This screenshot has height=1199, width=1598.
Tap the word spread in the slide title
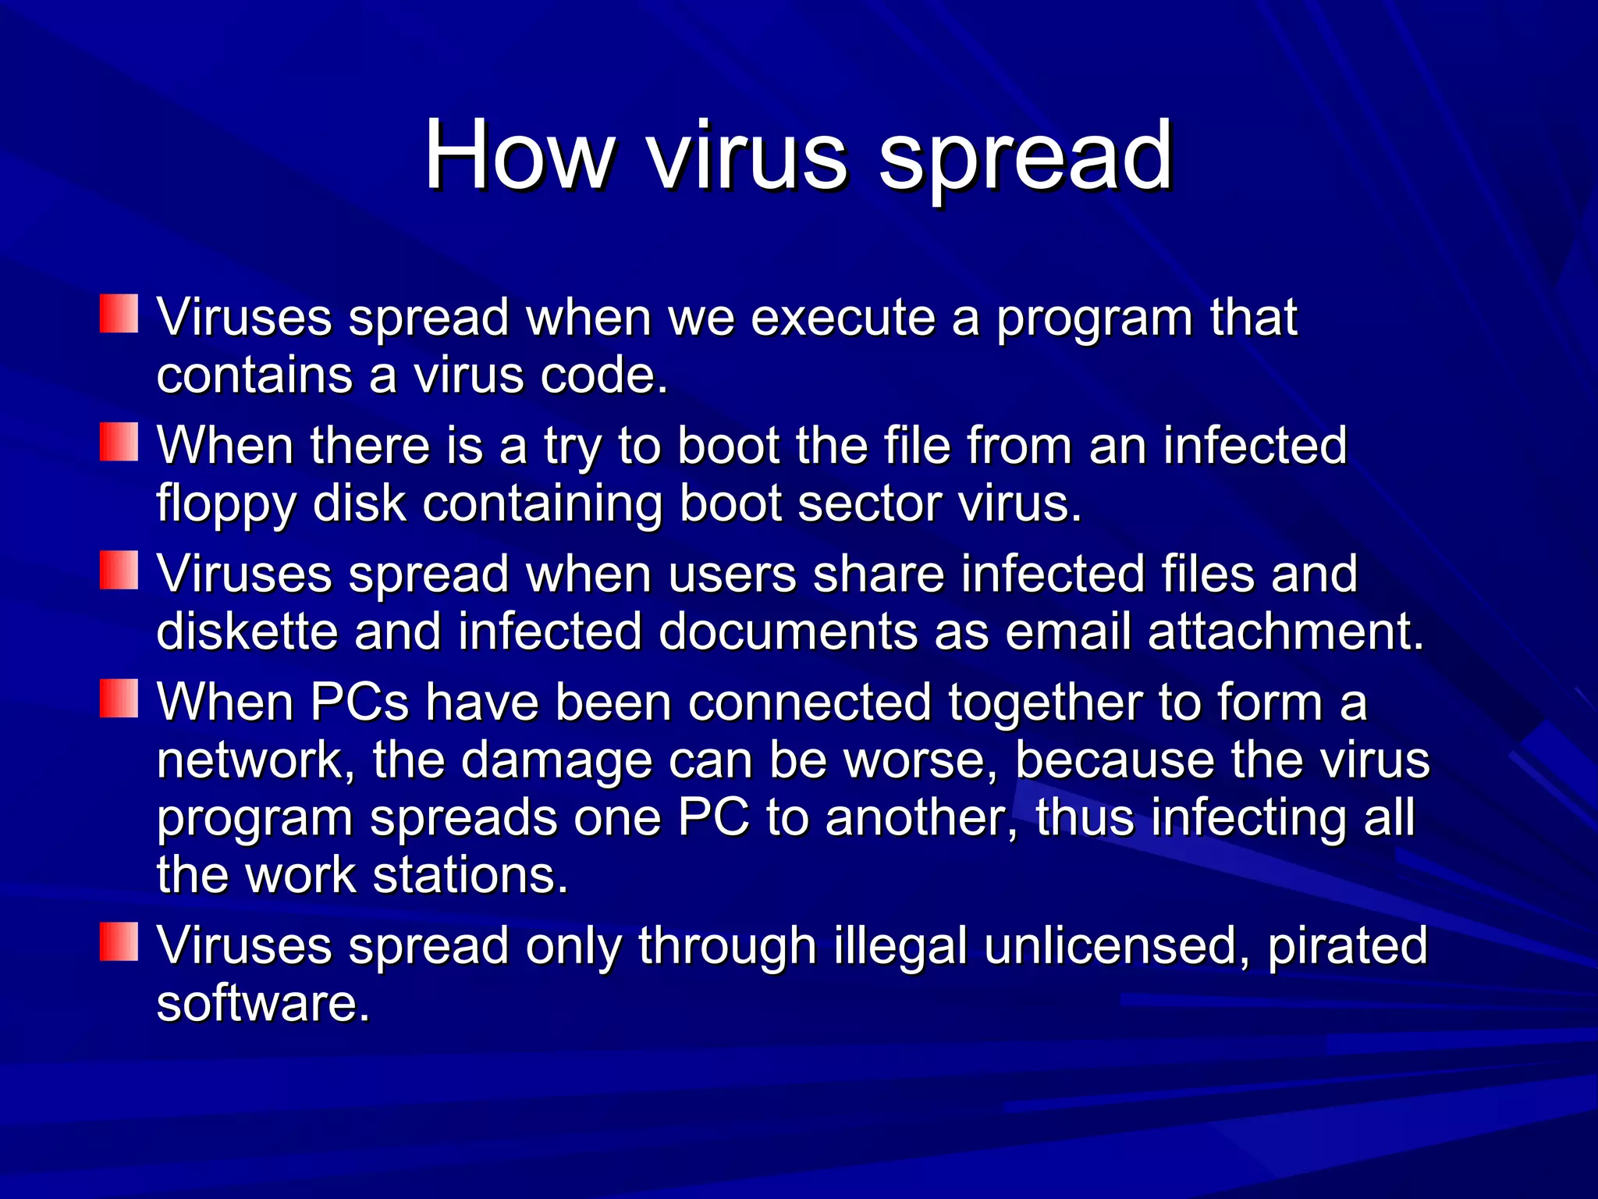tap(1025, 160)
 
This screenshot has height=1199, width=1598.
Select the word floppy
tap(226, 504)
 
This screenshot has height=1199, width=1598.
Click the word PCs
tap(360, 702)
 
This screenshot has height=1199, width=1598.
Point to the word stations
tap(471, 875)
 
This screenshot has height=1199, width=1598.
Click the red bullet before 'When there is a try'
tap(119, 443)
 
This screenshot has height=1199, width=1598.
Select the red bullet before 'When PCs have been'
tap(119, 698)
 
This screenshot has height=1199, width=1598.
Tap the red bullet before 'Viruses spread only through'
tap(119, 941)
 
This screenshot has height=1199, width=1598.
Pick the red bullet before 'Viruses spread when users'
tap(119, 571)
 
